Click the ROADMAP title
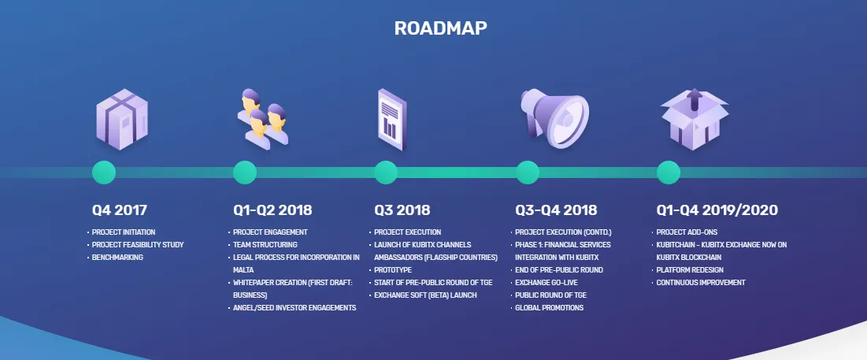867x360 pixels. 441,28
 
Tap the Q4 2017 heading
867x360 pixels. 120,210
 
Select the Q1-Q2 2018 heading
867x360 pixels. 272,210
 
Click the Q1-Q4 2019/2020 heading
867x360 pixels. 717,210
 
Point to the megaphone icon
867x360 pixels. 554,118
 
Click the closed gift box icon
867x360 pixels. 121,119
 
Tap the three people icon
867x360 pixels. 263,119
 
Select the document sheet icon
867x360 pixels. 391,120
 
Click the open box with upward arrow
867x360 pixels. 695,119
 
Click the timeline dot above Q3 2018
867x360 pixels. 386,173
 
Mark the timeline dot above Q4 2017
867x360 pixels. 104,173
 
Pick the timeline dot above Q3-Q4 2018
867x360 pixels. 528,173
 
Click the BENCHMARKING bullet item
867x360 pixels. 117,257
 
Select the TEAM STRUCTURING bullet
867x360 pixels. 265,244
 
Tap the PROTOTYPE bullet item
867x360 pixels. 393,270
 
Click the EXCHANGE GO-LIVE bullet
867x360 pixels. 547,283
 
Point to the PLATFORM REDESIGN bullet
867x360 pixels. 690,270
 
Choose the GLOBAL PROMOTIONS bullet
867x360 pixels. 549,308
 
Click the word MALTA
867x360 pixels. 243,270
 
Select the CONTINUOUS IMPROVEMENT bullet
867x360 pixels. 701,283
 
